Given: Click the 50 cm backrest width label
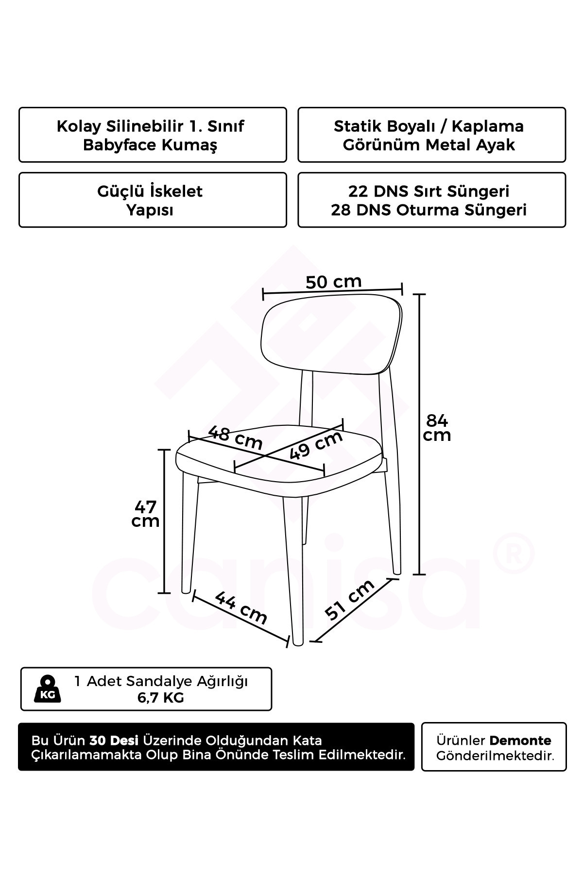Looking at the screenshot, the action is [334, 282].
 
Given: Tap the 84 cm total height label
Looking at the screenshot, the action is [437, 427].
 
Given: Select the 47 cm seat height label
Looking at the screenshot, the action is [145, 514].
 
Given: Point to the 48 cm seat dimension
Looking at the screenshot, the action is [235, 437].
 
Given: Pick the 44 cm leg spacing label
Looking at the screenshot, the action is [241, 607].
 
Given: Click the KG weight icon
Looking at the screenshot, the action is [48, 689].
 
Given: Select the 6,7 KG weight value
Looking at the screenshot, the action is [161, 698].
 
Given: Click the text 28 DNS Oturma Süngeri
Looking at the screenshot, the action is [429, 210].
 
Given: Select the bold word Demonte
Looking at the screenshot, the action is [520, 740].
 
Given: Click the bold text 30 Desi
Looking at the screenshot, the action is [114, 740].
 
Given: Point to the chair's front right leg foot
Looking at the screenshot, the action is [298, 641].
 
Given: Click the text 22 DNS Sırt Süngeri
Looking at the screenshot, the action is [429, 191].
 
